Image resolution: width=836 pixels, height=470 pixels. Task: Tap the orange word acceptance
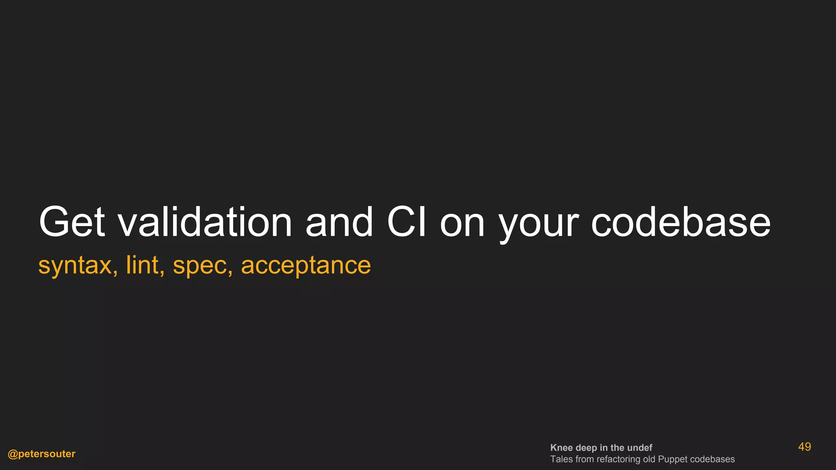(306, 266)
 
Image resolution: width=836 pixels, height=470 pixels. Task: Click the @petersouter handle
(42, 454)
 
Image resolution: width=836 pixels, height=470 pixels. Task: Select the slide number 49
(804, 447)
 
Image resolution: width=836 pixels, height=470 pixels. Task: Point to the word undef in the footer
(640, 448)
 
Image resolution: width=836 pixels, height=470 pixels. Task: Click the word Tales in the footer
(561, 459)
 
